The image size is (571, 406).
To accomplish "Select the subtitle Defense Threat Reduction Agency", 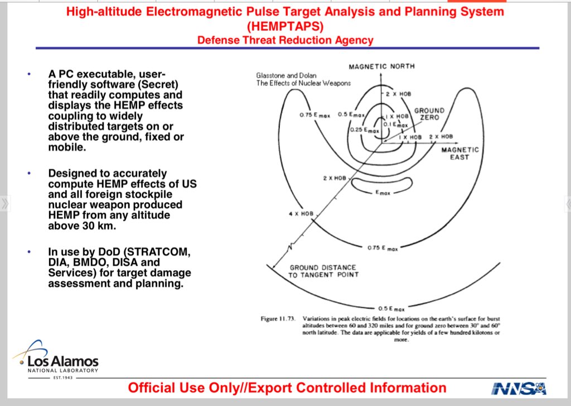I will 285,40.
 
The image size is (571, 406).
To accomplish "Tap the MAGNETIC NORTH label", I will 381,66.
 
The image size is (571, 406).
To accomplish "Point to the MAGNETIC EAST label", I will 459,154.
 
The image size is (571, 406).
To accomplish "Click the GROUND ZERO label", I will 429,114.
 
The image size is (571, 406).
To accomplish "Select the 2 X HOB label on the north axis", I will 398,94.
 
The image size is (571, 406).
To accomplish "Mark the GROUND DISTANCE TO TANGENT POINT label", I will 324,271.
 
